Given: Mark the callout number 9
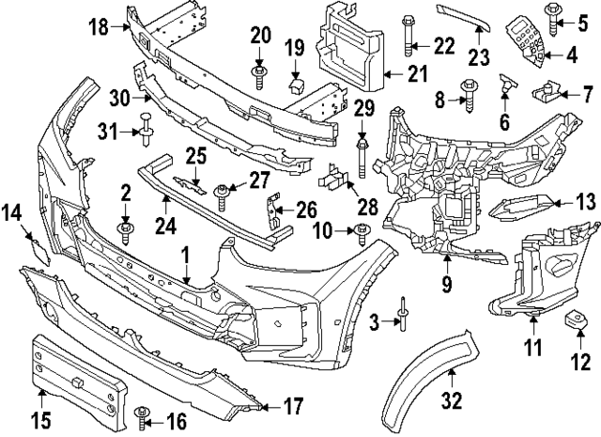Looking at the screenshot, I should (x=446, y=281).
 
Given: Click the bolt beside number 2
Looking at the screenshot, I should (x=123, y=226).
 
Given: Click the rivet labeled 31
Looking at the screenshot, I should (x=147, y=127).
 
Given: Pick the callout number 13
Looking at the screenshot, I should (x=585, y=200).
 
